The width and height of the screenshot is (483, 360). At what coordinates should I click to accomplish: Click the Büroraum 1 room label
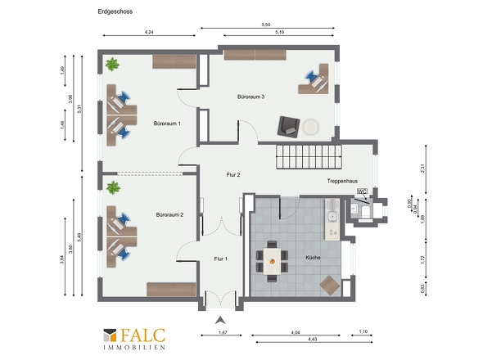coord(167,124)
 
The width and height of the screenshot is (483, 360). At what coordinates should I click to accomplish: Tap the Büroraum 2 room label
coord(169,214)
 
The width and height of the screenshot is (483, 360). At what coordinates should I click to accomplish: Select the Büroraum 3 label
coord(251,97)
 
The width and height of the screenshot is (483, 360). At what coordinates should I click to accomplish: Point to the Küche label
coord(313,258)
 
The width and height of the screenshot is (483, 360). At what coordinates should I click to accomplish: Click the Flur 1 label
coord(220,259)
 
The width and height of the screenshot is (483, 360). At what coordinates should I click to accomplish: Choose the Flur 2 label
coord(233,175)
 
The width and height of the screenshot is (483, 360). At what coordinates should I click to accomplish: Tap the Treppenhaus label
coord(342,181)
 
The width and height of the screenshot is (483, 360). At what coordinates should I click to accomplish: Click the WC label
coord(362,191)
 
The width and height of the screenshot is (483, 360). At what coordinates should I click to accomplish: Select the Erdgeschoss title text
coord(115,11)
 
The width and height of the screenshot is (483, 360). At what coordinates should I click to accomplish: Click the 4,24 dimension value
coord(149,32)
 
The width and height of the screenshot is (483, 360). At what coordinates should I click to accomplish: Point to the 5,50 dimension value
coord(266,25)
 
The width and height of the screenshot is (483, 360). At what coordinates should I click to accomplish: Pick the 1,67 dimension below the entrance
coord(223,332)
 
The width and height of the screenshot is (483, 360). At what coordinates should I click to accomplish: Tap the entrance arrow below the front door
coord(220,321)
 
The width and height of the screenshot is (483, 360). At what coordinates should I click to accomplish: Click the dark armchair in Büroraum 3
coord(288,126)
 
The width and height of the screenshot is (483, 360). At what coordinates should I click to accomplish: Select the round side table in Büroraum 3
coord(310,127)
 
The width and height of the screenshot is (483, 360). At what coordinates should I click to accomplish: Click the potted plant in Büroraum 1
coord(112,65)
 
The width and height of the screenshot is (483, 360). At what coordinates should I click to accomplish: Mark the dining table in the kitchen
coord(273,261)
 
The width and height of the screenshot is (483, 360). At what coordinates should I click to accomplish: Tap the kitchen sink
coord(332,215)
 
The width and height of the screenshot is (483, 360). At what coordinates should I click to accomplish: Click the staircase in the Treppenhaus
coord(309,157)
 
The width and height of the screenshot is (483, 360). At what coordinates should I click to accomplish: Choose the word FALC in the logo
coord(143,335)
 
